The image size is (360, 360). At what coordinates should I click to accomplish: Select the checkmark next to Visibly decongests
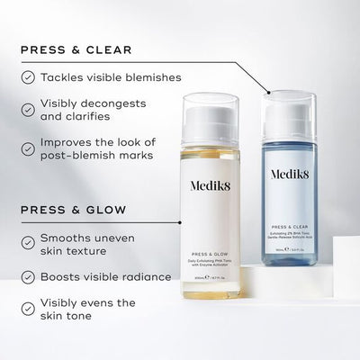[30, 109]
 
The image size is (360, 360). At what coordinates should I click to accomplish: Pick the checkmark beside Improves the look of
[30, 144]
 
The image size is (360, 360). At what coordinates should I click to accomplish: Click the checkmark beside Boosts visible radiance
[30, 276]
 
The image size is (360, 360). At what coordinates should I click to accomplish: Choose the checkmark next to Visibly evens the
[30, 309]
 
